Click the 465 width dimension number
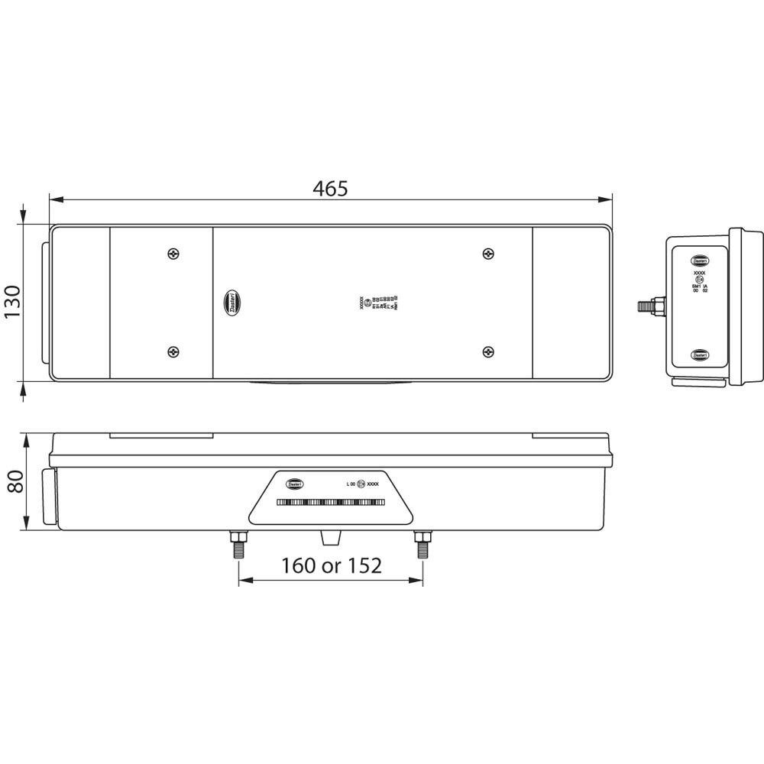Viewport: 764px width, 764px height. coord(330,188)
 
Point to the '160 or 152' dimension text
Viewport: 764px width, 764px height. coord(331,565)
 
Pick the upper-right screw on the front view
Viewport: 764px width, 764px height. coord(487,254)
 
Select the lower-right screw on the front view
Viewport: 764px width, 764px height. coord(487,351)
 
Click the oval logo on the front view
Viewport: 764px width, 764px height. coord(232,303)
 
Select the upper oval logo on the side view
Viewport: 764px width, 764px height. coord(700,260)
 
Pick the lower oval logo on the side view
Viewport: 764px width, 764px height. coord(700,355)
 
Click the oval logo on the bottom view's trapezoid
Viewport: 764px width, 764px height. coord(296,484)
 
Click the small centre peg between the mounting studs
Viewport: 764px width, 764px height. coord(330,538)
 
